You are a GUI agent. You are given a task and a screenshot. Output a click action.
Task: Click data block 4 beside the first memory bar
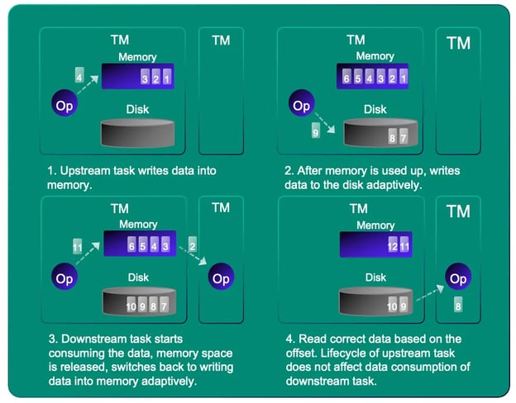79,76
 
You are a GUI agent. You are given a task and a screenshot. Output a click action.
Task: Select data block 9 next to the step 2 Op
315,132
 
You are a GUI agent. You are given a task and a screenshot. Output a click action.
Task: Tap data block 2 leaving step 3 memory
192,244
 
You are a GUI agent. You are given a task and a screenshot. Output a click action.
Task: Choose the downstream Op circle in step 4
459,278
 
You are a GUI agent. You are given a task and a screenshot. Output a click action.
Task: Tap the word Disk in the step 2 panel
375,109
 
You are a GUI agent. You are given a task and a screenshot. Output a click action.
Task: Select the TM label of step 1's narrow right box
221,40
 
